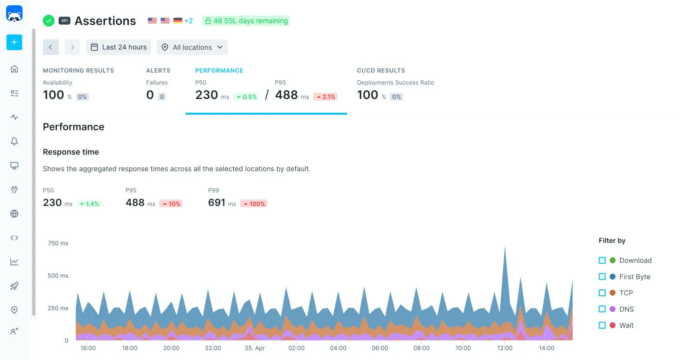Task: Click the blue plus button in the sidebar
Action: click(14, 42)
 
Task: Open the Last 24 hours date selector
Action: click(118, 47)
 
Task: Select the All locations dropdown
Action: click(192, 47)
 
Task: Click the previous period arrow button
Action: click(50, 47)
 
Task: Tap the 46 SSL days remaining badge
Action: click(246, 21)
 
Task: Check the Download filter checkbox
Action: click(602, 260)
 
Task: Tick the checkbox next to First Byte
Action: click(602, 277)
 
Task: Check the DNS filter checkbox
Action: click(602, 309)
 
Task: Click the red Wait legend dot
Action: click(612, 325)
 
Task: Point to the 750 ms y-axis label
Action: click(58, 243)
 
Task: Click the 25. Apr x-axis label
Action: click(255, 348)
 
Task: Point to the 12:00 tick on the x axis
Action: click(504, 348)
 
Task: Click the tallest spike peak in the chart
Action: click(505, 248)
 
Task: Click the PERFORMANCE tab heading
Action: click(219, 70)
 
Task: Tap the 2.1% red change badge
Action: click(325, 97)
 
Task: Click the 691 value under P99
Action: click(216, 203)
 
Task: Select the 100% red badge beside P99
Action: click(254, 204)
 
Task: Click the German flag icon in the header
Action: click(178, 20)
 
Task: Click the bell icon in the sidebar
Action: click(14, 141)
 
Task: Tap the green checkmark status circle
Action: click(49, 20)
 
